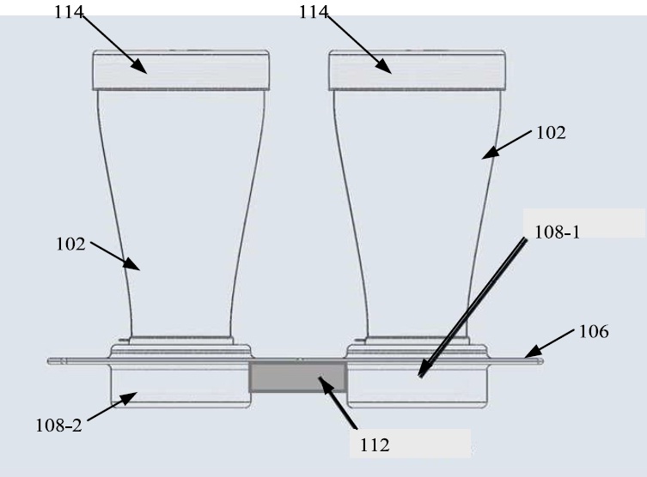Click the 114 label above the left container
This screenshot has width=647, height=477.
(69, 12)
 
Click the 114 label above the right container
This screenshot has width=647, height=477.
(313, 12)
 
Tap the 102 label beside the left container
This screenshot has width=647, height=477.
(70, 245)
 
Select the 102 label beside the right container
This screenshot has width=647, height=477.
(551, 133)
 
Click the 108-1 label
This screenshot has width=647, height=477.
(557, 232)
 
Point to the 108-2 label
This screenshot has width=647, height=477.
(59, 426)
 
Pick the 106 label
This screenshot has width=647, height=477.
(594, 332)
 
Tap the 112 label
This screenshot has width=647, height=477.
(375, 445)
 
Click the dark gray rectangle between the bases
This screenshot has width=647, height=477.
(298, 377)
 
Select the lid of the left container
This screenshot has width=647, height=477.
(180, 70)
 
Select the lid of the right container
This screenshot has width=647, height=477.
(418, 70)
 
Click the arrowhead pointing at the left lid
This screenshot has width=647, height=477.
(139, 66)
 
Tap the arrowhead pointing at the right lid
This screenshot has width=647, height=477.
(384, 66)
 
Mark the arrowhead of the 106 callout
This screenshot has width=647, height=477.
(533, 352)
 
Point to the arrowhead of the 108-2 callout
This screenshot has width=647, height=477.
(128, 397)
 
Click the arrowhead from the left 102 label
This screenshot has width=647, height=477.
(132, 263)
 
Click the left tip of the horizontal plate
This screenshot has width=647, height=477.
(48, 361)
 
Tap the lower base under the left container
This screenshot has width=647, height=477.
(180, 386)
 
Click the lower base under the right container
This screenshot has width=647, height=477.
(418, 386)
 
